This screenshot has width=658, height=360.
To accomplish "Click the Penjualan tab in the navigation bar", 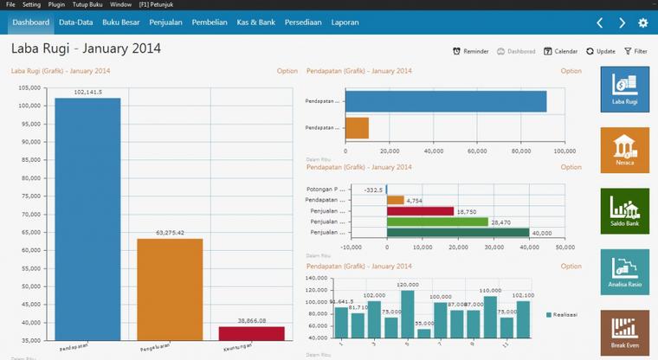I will (165, 22).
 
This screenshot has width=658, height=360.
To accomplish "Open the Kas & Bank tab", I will (255, 22).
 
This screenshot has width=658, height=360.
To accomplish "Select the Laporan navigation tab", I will (345, 22).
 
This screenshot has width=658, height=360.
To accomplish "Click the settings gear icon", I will (642, 23).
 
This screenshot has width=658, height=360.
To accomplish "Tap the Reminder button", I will (471, 52).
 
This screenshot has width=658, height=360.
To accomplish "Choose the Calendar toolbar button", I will (560, 52).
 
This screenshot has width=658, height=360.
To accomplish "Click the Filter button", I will (635, 52).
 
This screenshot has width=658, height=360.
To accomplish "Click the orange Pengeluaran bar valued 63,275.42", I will (170, 289).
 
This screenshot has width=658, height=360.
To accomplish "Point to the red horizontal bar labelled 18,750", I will (421, 210).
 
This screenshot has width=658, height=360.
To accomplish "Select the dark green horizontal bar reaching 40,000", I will (458, 232).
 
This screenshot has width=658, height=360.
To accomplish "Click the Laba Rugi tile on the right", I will (624, 89).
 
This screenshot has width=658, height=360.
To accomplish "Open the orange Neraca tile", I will (624, 150).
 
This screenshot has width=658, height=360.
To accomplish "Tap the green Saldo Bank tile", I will (624, 211).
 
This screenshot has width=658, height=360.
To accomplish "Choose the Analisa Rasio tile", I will (624, 272).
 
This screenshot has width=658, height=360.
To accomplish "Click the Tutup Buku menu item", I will (87, 4).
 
